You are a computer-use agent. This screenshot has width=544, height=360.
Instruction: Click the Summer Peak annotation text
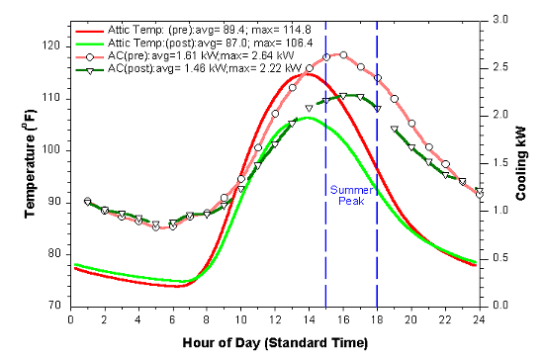point(351,195)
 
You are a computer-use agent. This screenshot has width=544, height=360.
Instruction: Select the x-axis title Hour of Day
point(274,343)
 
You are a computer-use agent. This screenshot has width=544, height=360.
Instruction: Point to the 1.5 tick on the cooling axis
point(496,162)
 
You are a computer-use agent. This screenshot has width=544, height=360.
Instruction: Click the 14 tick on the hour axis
point(309,319)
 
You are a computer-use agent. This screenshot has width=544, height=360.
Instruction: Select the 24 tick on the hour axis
point(478,319)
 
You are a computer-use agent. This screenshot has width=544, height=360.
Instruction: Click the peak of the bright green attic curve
point(309,118)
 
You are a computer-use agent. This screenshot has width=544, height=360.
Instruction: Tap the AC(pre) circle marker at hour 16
point(343,54)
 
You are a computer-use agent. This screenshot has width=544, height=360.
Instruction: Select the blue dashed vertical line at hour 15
point(325,247)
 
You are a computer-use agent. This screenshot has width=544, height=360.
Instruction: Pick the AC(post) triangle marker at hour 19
point(394,130)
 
